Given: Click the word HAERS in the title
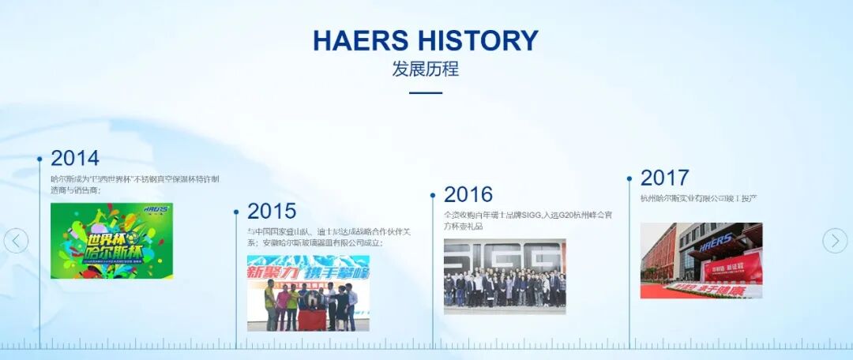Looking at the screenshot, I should point(360,40).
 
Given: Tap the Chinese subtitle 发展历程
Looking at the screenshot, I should point(425,69).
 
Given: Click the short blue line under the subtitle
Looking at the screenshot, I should point(426,93).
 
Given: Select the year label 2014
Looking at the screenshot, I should point(75,158).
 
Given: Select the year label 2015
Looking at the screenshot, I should point(272,211).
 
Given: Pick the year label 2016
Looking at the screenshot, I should point(468,194).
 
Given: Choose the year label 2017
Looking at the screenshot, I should point(664,178).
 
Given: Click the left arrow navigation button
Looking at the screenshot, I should point(16,241).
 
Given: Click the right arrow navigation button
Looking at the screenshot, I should point(835,241).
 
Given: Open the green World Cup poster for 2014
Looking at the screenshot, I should point(111,241).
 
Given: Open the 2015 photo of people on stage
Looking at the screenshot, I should point(308,293).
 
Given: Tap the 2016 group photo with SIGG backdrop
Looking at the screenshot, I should point(505,276).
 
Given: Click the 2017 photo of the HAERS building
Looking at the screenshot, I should point(701,261).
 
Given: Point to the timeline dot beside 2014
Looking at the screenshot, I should point(39,159).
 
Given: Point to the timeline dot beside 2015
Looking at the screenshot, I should point(236,212).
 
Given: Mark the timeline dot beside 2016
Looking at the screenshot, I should point(433,195).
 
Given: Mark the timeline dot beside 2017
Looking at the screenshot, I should point(629,179).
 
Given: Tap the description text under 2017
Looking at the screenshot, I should point(699,198).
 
